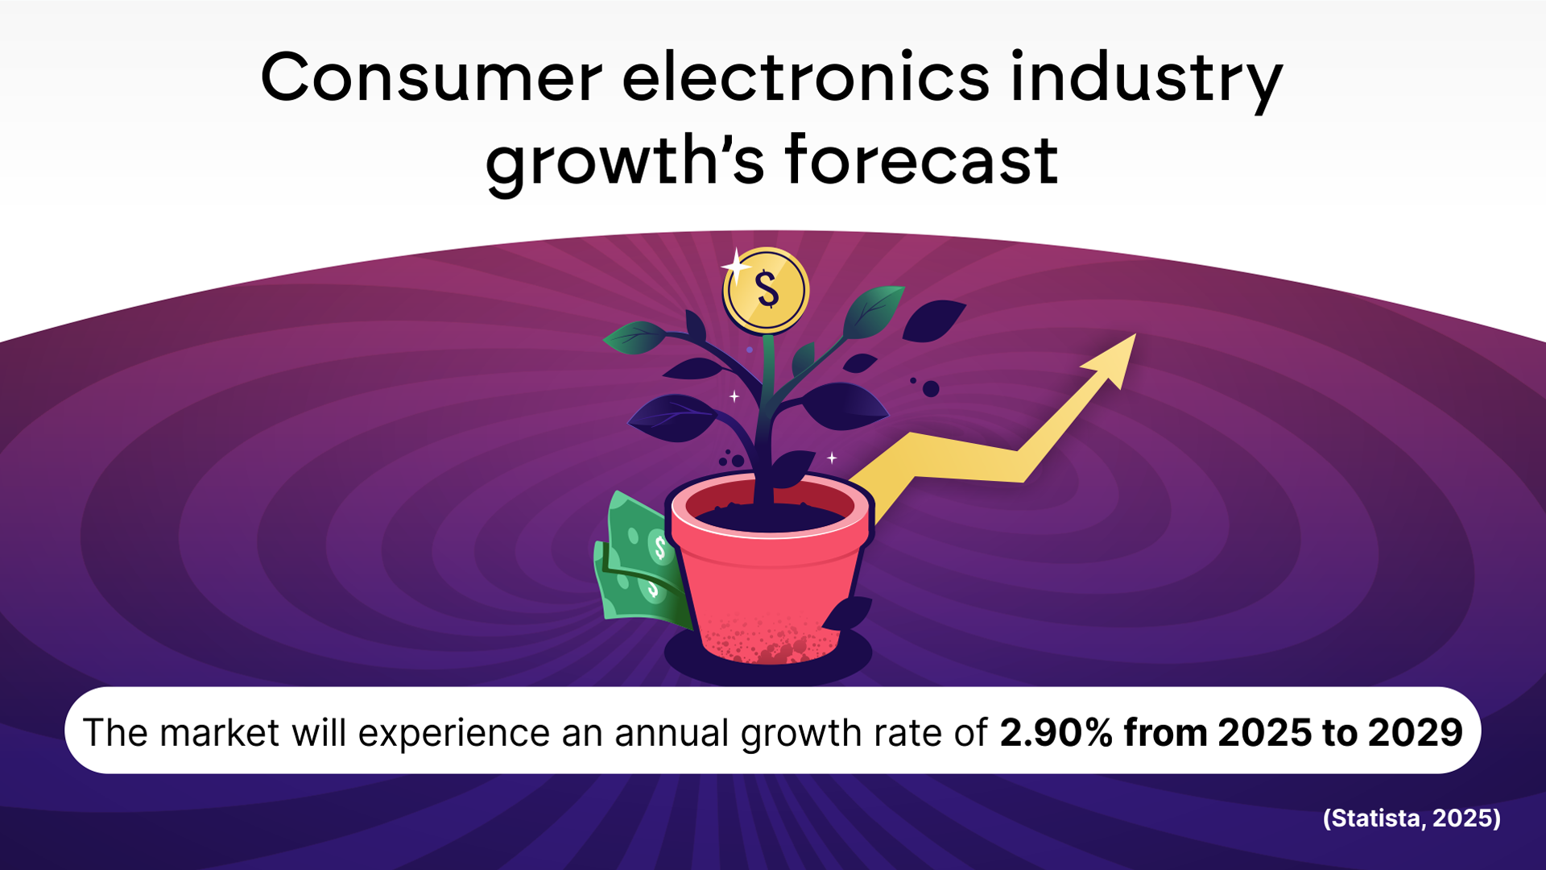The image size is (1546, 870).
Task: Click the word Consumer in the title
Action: point(431,78)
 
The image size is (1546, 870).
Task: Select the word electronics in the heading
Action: point(805,78)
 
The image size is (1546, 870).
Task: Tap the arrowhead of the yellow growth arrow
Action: point(1114,358)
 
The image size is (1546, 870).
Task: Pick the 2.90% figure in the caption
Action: point(1056,732)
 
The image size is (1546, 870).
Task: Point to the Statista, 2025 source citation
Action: point(1412,818)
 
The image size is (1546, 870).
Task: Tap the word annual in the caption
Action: point(672,733)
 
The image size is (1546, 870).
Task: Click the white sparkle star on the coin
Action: point(734,266)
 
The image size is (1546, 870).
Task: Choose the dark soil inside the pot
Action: point(769,516)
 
